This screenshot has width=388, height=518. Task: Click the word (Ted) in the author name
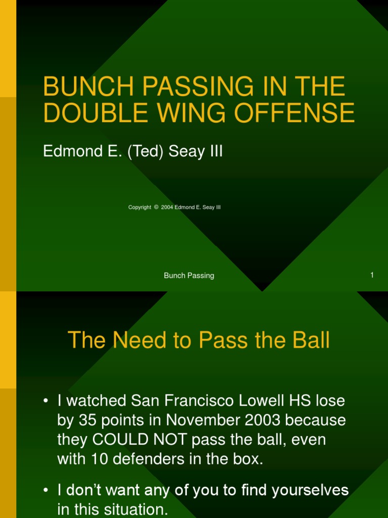pos(147,152)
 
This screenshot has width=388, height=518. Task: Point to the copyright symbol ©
pos(156,207)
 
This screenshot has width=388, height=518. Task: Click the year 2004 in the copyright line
pos(167,207)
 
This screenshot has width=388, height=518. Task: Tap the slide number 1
pos(372,275)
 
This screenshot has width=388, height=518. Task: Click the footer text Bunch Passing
pos(189,276)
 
